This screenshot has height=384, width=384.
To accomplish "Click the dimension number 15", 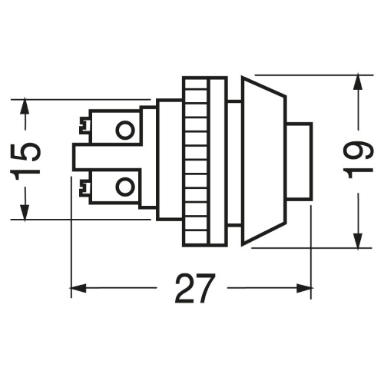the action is tap(25, 158).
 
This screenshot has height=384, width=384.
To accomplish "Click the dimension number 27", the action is tap(194, 288).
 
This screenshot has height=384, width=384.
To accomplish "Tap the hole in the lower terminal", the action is tap(125, 186).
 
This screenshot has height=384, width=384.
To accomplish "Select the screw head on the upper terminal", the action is tap(84, 125).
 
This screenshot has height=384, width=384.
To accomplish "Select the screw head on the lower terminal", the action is tap(84, 188).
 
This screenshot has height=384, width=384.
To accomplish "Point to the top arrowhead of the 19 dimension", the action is tap(359, 81).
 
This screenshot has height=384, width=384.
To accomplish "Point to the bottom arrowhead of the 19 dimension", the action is tap(359, 240).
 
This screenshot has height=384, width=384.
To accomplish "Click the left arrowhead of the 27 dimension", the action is tap(78, 288).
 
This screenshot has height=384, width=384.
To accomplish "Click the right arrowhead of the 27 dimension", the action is tap(304, 288).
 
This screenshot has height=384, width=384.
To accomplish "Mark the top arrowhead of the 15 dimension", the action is tap(25, 106).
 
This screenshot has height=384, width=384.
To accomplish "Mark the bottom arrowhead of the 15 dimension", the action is tap(25, 212).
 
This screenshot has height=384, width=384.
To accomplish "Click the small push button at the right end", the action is tap(299, 161).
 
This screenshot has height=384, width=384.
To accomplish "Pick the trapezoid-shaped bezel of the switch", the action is tap(263, 161).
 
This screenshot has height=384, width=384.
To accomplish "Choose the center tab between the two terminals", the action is tap(108, 157).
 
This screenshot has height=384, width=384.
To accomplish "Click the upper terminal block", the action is tap(115, 127).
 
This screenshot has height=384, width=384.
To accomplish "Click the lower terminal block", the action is tap(115, 187).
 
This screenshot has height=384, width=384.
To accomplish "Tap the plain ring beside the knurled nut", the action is tap(217, 161).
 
